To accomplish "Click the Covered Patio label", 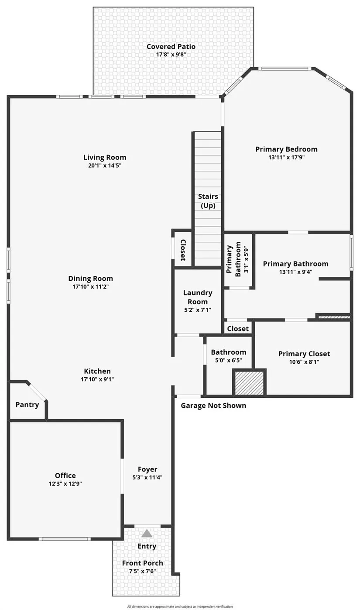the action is pyautogui.click(x=171, y=47).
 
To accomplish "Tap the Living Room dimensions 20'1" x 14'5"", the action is pyautogui.click(x=105, y=165).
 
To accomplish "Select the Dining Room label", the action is pyautogui.click(x=91, y=278).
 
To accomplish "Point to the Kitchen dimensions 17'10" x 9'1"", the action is pyautogui.click(x=97, y=379).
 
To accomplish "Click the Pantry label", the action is pyautogui.click(x=27, y=405).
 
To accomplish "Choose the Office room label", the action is pyautogui.click(x=65, y=476).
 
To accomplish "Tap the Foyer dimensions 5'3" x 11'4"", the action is pyautogui.click(x=147, y=477).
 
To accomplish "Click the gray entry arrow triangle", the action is pyautogui.click(x=147, y=533).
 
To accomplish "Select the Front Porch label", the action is pyautogui.click(x=143, y=563).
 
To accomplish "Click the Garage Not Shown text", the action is pyautogui.click(x=213, y=406).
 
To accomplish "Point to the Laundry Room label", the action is pyautogui.click(x=198, y=297).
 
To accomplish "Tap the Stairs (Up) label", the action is pyautogui.click(x=208, y=201).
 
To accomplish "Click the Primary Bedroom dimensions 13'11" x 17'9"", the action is pyautogui.click(x=287, y=157).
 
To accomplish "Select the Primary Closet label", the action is pyautogui.click(x=304, y=354).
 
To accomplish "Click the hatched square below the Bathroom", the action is pyautogui.click(x=249, y=383).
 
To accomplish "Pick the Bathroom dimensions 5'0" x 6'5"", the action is pyautogui.click(x=229, y=360).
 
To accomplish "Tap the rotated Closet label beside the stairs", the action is pyautogui.click(x=183, y=250).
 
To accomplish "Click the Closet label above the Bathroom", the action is pyautogui.click(x=238, y=329).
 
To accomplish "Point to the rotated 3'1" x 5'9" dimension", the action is pyautogui.click(x=246, y=259).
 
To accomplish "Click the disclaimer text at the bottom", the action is pyautogui.click(x=180, y=607).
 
